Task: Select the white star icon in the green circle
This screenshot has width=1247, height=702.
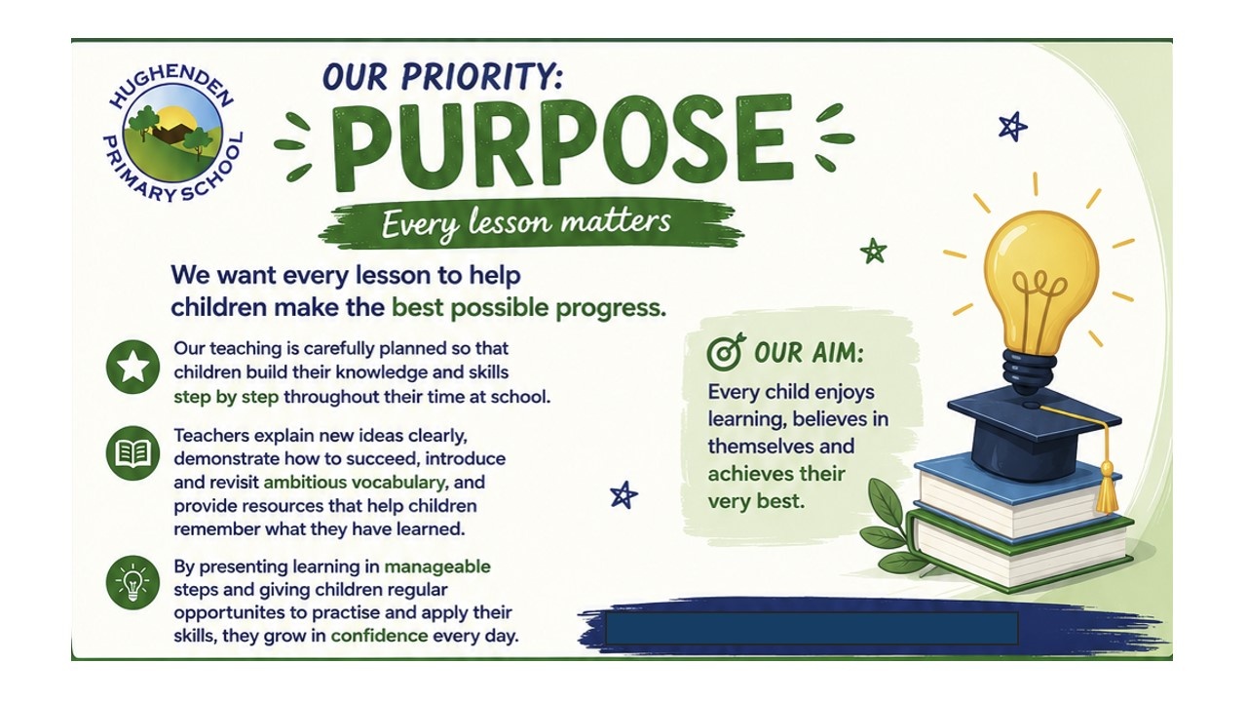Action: (x=133, y=368)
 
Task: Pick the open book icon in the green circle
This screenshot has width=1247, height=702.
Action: (x=133, y=453)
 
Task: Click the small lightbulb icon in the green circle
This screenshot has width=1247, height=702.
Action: (x=133, y=582)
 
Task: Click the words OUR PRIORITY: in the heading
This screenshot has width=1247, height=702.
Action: (x=443, y=76)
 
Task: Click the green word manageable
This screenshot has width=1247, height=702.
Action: (x=437, y=566)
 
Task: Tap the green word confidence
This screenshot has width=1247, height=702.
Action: (x=379, y=636)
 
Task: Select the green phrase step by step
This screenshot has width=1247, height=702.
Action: (x=226, y=397)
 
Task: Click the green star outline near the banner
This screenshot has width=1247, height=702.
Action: (x=873, y=252)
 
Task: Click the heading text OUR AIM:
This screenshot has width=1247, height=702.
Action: (x=809, y=353)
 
